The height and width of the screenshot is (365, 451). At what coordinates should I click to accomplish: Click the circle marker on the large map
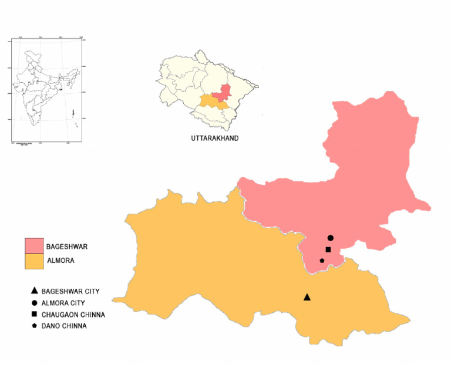click(331, 238)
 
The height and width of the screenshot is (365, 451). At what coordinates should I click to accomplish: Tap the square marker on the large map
click(328, 249)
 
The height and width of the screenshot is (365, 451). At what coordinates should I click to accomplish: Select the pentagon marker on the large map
click(322, 260)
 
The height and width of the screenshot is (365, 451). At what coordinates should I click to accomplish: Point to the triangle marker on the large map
click(307, 298)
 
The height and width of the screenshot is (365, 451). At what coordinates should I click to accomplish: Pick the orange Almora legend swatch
click(34, 261)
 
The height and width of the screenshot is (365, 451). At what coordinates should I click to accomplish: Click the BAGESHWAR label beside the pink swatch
click(66, 247)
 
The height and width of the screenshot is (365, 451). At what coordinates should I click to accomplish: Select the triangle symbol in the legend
click(35, 291)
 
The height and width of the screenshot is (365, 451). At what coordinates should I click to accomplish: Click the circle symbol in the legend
click(35, 303)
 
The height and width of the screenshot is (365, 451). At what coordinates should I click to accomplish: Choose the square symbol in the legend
click(35, 315)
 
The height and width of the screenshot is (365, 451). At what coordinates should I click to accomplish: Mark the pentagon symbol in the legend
click(35, 326)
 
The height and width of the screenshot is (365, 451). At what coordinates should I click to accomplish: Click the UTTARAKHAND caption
click(214, 138)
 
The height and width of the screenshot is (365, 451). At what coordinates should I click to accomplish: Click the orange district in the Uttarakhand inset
click(208, 102)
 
